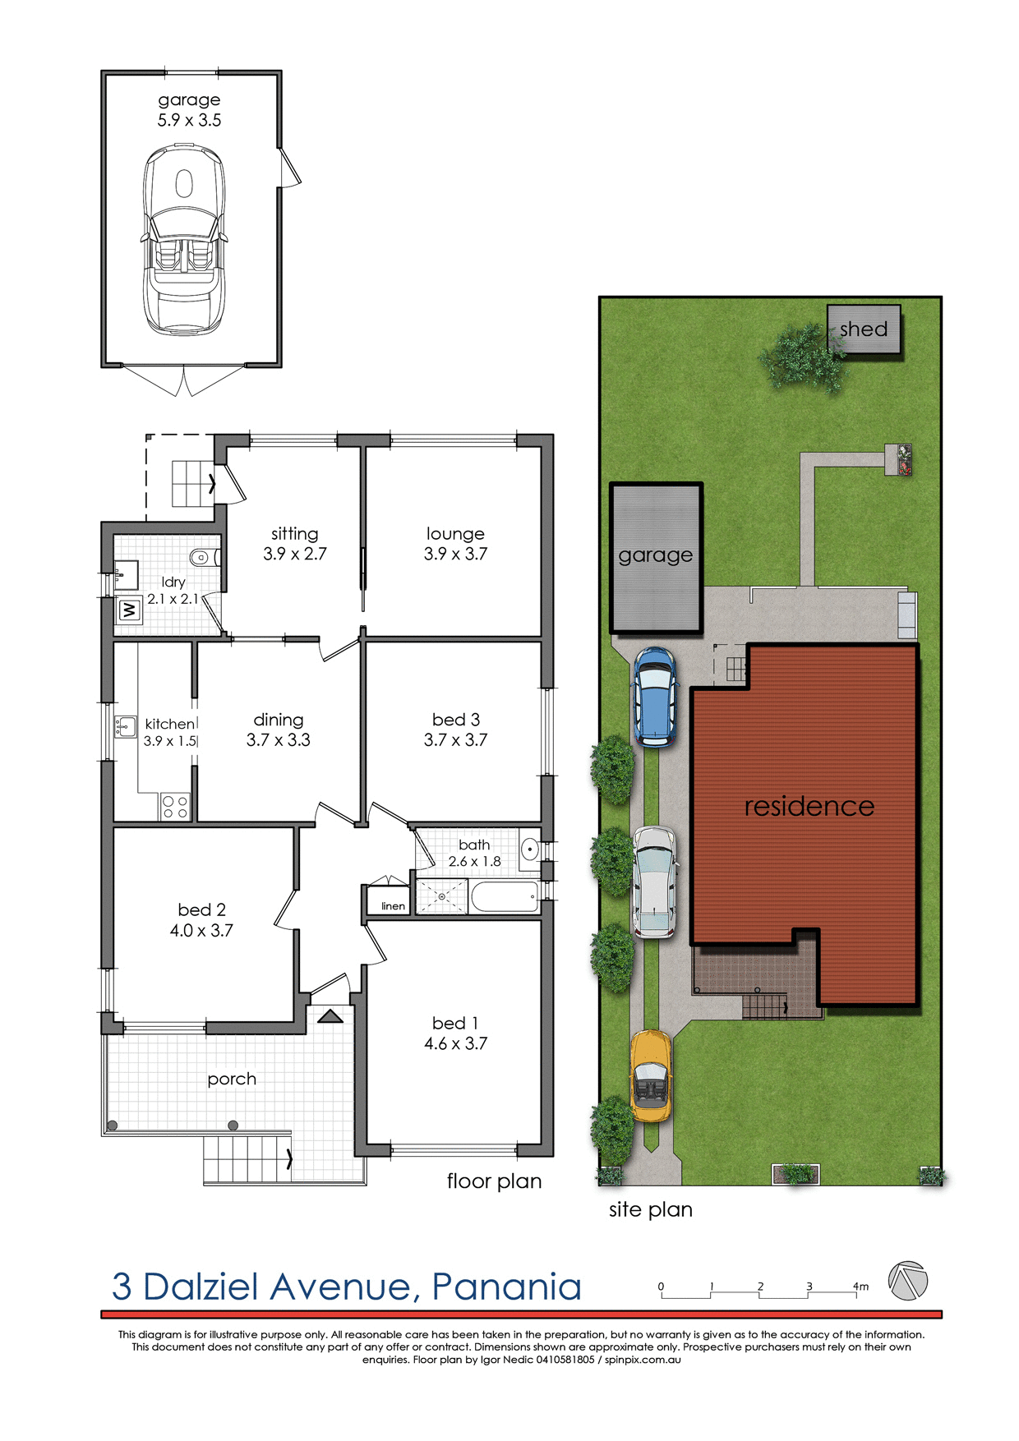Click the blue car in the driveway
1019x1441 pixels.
pos(654,697)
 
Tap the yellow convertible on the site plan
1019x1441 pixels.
pos(651,1076)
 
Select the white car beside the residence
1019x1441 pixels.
pos(654,882)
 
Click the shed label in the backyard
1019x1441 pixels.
pos(864,329)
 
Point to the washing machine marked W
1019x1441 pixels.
pos(129,610)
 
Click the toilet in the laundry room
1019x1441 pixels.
pos(201,558)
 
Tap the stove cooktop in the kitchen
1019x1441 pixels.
pos(175,807)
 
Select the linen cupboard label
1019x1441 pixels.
pos(393,906)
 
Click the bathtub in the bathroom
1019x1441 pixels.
pos(505,896)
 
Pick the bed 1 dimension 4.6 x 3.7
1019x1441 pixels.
pos(455,1043)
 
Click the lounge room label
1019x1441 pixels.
pos(455,534)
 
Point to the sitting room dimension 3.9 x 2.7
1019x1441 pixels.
pos(294,555)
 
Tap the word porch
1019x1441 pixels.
pos(232,1079)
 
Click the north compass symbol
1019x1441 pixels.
pos(907,1281)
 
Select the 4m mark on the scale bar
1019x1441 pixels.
pos(860,1287)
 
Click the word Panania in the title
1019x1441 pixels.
pos(506,1287)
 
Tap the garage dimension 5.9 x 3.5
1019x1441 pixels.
pos(189,120)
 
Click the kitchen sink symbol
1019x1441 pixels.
pos(125,726)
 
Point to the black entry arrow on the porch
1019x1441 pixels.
pos(330,1017)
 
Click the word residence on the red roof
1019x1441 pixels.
pos(809,806)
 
